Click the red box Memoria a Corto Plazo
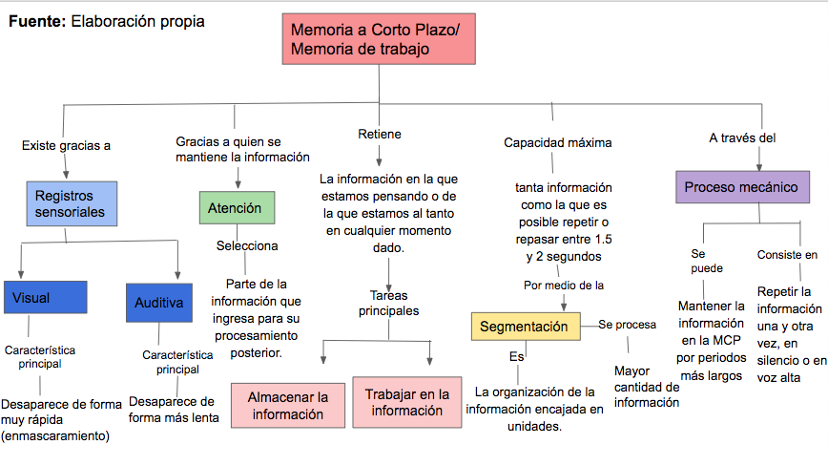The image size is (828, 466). click(379, 39)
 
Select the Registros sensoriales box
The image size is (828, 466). click(72, 204)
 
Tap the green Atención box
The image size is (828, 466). click(238, 207)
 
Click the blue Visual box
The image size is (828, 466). click(46, 298)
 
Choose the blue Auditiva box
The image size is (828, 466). click(159, 303)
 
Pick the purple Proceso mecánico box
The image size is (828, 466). click(742, 187)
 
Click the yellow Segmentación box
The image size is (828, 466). click(526, 327)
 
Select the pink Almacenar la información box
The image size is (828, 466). click(288, 405)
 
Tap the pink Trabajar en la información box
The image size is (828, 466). click(407, 402)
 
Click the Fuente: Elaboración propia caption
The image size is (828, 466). click(107, 21)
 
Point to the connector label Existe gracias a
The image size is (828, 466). click(66, 146)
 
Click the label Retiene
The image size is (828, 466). click(380, 135)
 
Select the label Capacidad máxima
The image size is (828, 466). click(558, 142)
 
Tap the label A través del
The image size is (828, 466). click(742, 138)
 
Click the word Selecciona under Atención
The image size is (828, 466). click(247, 245)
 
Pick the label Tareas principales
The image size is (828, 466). click(389, 304)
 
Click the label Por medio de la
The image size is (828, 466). click(564, 286)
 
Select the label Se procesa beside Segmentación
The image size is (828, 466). click(628, 325)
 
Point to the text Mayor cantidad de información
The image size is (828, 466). click(647, 387)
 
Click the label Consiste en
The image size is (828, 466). click(787, 255)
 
